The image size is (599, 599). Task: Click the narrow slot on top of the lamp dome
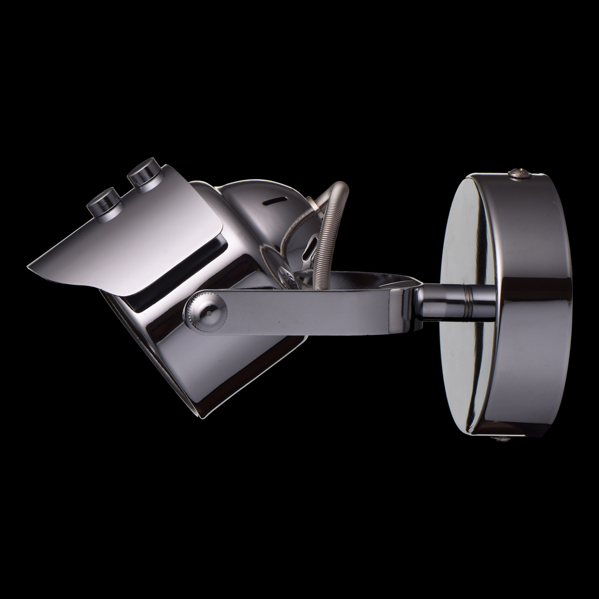tap(274, 201)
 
